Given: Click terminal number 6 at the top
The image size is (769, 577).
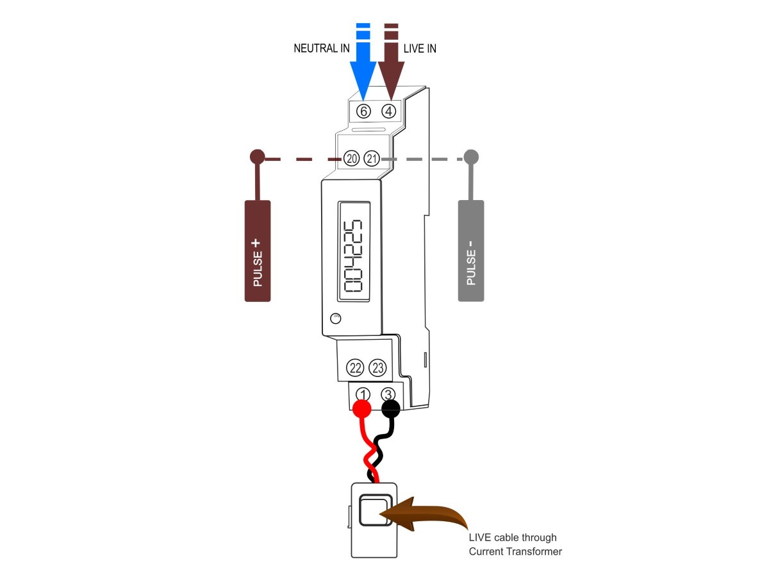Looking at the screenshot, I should (363, 111).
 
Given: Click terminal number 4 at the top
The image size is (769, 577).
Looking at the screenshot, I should (389, 111).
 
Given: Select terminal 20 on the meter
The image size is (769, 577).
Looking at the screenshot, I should (351, 158).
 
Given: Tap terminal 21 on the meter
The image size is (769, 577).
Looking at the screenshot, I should (372, 158).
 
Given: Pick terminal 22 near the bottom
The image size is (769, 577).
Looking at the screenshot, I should (355, 368).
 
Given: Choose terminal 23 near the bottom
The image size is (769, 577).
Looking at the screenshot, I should (378, 368).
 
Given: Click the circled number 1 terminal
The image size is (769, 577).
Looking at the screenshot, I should (363, 394).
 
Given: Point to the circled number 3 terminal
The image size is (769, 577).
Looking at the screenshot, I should (388, 394).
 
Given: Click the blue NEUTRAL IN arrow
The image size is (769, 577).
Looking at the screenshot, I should (363, 64).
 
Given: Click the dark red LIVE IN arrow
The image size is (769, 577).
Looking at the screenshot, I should (390, 64).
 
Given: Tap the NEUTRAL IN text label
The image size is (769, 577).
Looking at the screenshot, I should (322, 49).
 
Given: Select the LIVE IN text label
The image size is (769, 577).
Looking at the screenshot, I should (420, 49).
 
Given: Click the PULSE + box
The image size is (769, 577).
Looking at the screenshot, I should (258, 251).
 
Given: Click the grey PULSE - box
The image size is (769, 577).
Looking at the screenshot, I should (471, 251).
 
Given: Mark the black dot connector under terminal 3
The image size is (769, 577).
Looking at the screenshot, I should (390, 408).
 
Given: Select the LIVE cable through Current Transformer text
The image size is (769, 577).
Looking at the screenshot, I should (515, 544).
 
